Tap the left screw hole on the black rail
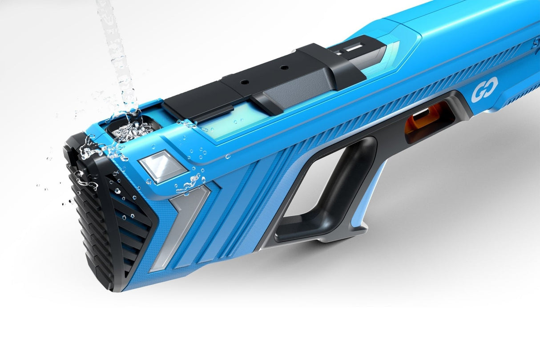244,83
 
